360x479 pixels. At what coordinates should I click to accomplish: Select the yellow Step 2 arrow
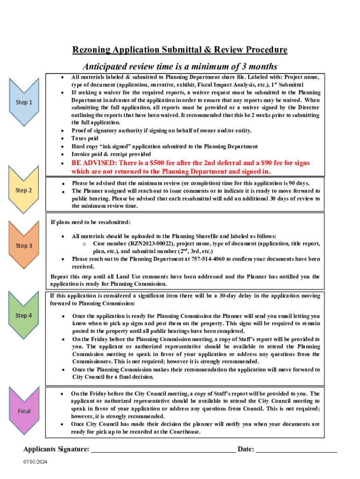24,190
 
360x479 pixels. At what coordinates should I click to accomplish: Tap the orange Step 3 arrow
24,245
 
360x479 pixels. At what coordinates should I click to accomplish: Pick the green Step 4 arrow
24,315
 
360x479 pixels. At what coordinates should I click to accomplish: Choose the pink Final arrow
24,411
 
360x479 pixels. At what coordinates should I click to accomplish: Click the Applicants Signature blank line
163,450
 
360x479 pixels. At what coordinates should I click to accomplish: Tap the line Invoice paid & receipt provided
111,154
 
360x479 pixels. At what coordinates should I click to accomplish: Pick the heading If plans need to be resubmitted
91,222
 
